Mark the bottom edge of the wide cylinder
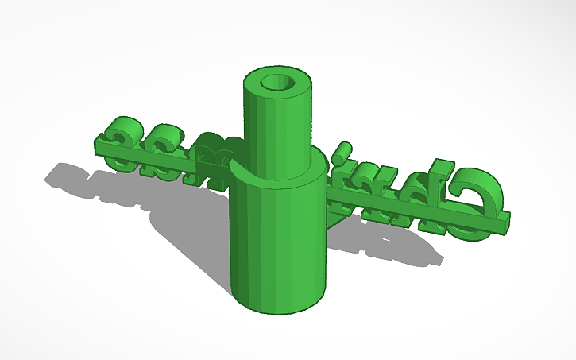pyautogui.click(x=278, y=307)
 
